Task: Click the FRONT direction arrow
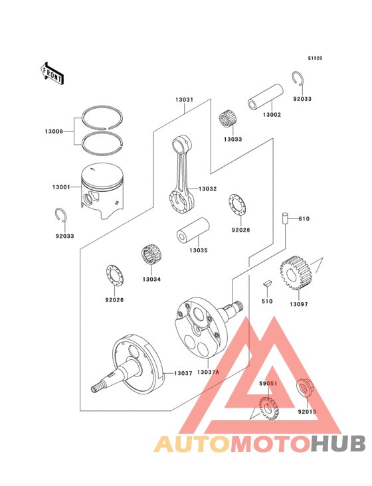click(52, 73)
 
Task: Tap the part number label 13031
click(184, 100)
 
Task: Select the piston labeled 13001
click(102, 191)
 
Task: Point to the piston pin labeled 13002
click(266, 96)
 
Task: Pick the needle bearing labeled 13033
click(229, 119)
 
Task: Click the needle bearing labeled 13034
click(152, 255)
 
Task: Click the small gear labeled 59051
click(269, 408)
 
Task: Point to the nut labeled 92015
click(304, 388)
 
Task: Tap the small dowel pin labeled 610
click(285, 218)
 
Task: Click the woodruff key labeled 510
click(267, 282)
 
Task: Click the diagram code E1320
click(315, 58)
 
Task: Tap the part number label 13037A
click(208, 372)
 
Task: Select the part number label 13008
click(54, 131)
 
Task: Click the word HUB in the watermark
click(339, 444)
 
